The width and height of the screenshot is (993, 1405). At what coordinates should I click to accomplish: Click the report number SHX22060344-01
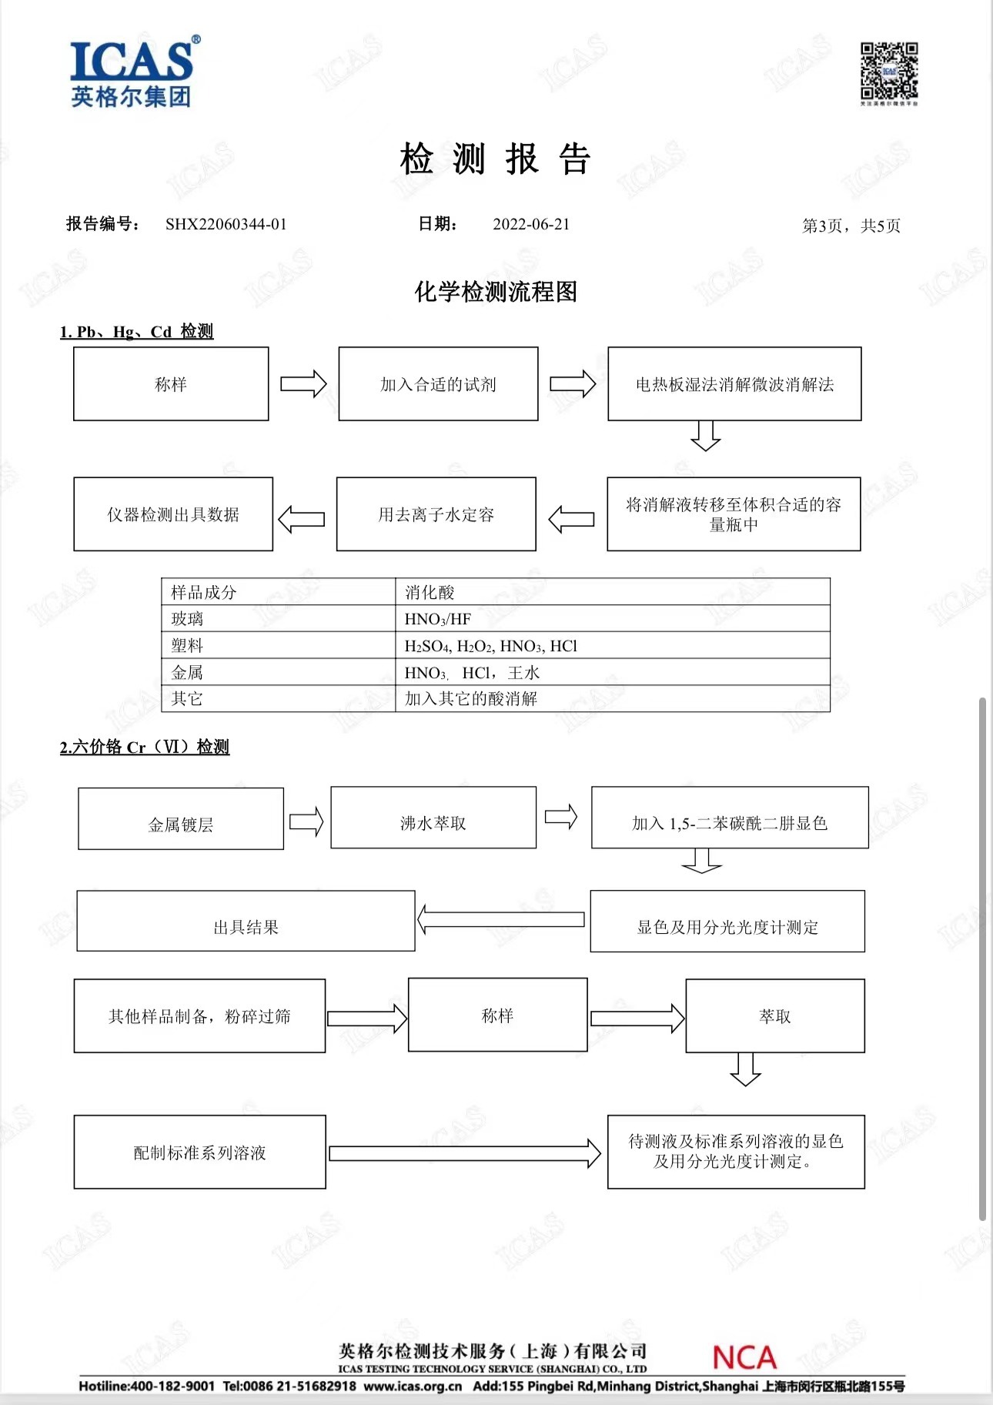(x=226, y=224)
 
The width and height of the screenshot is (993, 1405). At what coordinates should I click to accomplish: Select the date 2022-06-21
(x=531, y=224)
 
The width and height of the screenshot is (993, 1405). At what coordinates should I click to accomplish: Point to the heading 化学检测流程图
(x=496, y=292)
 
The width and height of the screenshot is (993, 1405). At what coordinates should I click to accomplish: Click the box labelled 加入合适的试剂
(x=438, y=384)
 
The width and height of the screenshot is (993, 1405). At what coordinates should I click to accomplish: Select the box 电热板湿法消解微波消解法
(x=734, y=384)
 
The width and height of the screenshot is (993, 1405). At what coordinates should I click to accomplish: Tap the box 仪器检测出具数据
(x=173, y=514)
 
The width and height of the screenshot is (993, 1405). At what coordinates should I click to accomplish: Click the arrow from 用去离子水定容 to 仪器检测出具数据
(x=302, y=519)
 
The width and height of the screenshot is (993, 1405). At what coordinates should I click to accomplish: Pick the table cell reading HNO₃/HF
(x=438, y=619)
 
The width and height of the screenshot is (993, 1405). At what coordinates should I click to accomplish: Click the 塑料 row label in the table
(x=187, y=645)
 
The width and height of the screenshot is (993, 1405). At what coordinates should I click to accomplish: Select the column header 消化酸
(x=430, y=592)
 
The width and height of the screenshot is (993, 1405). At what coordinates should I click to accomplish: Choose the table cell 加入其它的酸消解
(x=471, y=698)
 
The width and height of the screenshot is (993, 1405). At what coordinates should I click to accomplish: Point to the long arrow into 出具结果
(x=501, y=919)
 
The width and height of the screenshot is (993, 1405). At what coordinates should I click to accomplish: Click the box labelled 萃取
(x=775, y=1016)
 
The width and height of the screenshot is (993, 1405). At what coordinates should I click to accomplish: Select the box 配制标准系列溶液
(x=200, y=1152)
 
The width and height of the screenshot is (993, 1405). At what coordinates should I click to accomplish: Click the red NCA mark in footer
(x=744, y=1357)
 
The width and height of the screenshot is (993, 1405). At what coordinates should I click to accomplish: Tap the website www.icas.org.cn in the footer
(x=413, y=1387)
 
